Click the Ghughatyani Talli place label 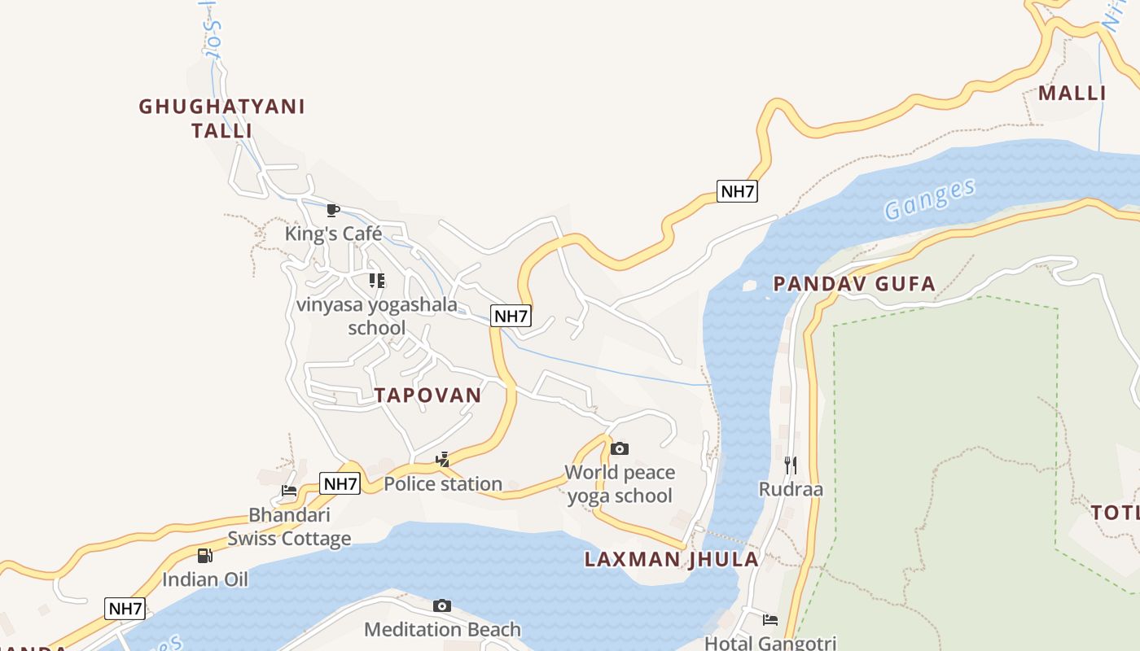click(x=221, y=118)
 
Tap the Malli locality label click(x=1072, y=93)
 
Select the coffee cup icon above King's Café click(x=332, y=211)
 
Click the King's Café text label click(x=333, y=234)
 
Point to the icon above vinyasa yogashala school click(x=376, y=281)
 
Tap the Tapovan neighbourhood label click(x=427, y=395)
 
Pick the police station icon click(x=442, y=460)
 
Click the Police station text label click(x=443, y=484)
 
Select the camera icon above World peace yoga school click(x=620, y=448)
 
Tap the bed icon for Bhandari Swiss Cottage click(x=289, y=491)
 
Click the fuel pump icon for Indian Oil click(x=205, y=556)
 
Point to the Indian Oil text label click(x=205, y=579)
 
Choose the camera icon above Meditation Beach click(x=442, y=605)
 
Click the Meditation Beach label click(x=442, y=629)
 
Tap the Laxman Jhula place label click(x=672, y=560)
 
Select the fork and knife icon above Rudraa click(x=791, y=465)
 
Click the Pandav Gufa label click(x=854, y=284)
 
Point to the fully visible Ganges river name click(x=930, y=199)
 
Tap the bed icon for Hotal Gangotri click(x=770, y=620)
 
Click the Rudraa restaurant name click(x=791, y=489)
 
